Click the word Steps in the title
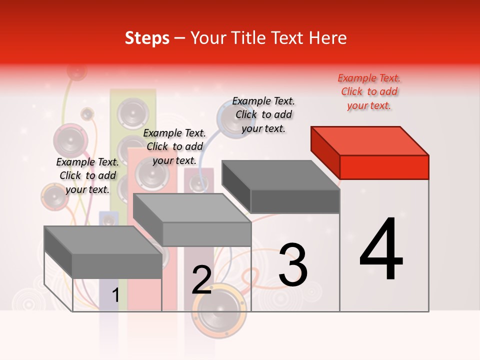pos(147,38)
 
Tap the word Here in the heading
pos(327,38)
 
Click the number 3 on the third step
pos(293,264)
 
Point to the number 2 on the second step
pos(201,280)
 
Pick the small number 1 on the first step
pos(115,295)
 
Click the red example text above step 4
pos(369,91)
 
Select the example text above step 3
pos(263,114)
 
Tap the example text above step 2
pos(174,146)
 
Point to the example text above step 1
pos(87,175)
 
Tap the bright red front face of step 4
pos(384,167)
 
